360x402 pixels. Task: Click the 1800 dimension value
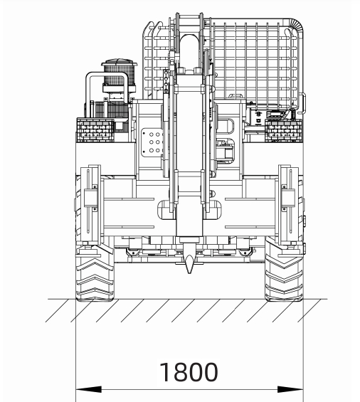pyautogui.click(x=189, y=372)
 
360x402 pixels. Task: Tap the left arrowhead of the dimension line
pyautogui.click(x=88, y=389)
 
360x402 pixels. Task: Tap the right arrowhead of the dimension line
pyautogui.click(x=290, y=389)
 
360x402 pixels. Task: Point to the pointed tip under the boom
pyautogui.click(x=189, y=273)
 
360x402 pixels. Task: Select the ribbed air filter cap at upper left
pyautogui.click(x=120, y=74)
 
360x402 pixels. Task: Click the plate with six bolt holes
pyautogui.click(x=152, y=142)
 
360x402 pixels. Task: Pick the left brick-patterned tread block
pyautogui.click(x=95, y=130)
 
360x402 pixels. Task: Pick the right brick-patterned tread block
pyautogui.click(x=284, y=130)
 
